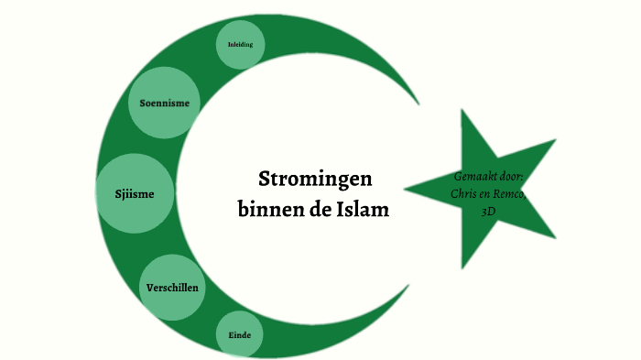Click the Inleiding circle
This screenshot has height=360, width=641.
[x=241, y=44]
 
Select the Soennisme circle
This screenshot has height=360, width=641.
[x=165, y=103]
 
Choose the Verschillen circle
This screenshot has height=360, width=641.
[x=172, y=288]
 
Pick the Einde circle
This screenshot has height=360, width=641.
[x=240, y=334]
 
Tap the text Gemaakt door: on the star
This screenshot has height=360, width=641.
[x=488, y=176]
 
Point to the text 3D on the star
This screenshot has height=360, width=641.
[x=488, y=211]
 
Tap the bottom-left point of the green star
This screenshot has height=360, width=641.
[x=462, y=268]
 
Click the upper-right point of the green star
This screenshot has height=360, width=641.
[x=555, y=141]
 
